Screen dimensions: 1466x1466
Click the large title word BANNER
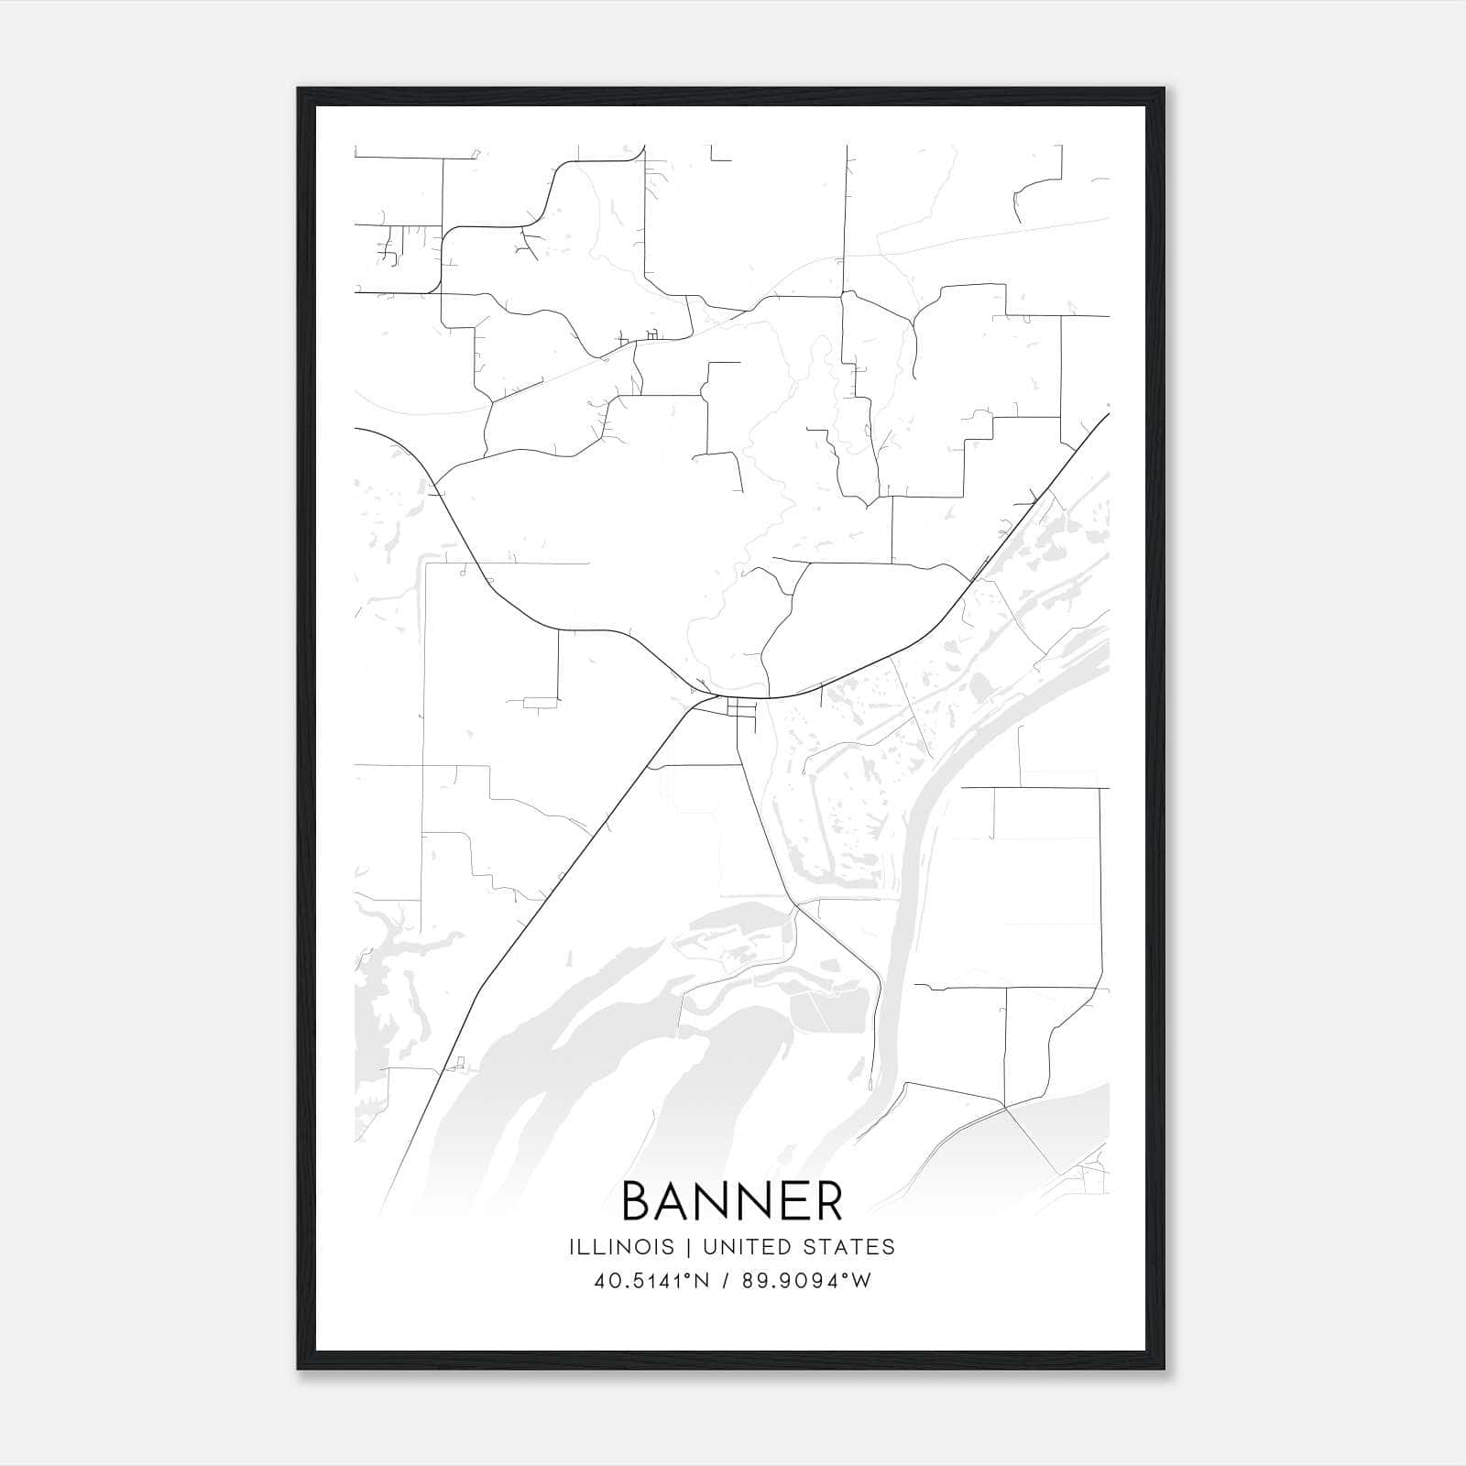pyautogui.click(x=732, y=1201)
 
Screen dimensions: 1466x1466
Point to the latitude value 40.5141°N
pyautogui.click(x=651, y=1281)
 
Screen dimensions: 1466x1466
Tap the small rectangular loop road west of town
pyautogui.click(x=540, y=703)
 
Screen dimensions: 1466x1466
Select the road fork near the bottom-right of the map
pyautogui.click(x=1006, y=1107)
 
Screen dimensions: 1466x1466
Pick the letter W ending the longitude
pyautogui.click(x=861, y=1281)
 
